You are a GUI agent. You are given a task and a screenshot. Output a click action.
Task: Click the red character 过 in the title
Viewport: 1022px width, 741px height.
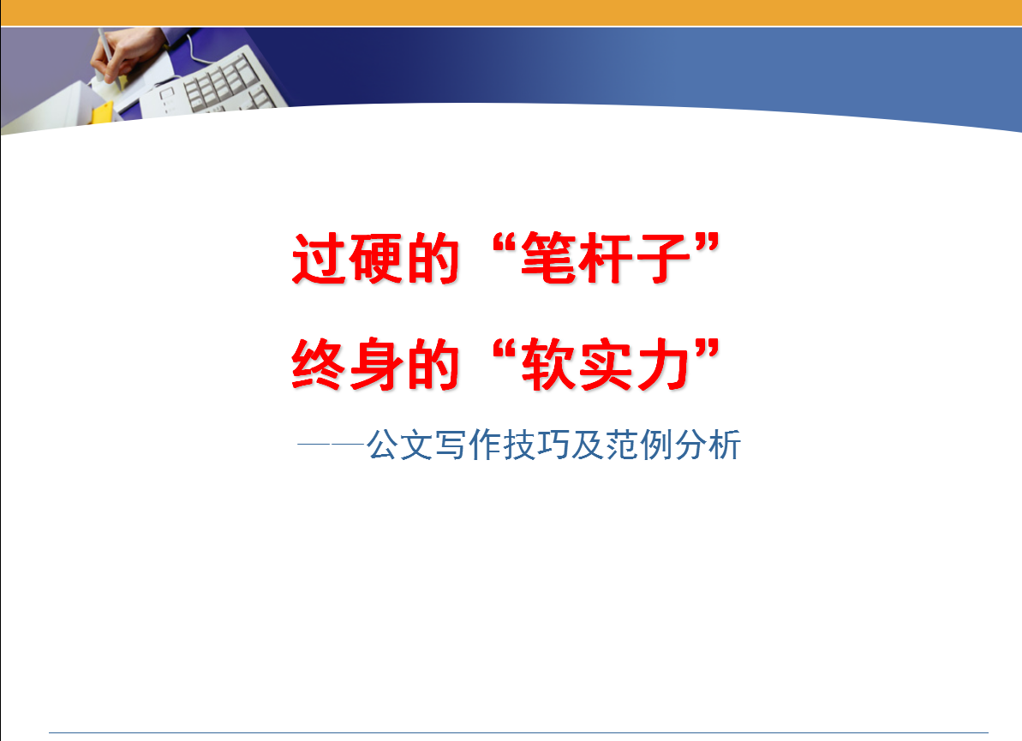(x=319, y=259)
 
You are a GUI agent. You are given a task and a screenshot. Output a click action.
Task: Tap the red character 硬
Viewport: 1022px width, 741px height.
(x=375, y=259)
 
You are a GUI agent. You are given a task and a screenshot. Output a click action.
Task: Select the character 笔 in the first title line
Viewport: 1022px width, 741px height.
(x=547, y=259)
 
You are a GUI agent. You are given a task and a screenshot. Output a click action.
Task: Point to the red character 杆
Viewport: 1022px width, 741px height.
(x=605, y=259)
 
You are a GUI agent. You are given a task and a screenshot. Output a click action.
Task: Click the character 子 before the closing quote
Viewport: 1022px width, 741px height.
(x=662, y=259)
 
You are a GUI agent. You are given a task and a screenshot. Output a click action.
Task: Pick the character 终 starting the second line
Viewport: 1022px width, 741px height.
(x=319, y=364)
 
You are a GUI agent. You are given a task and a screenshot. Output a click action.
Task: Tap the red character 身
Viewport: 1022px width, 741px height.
(x=375, y=364)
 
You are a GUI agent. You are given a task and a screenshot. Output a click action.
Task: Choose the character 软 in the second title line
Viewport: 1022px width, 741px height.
(x=547, y=364)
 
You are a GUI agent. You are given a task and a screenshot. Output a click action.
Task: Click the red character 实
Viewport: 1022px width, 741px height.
(x=605, y=364)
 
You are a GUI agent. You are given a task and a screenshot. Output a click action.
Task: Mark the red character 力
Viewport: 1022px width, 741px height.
(x=662, y=364)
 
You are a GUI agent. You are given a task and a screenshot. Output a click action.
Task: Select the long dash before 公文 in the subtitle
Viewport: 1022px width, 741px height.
(x=331, y=445)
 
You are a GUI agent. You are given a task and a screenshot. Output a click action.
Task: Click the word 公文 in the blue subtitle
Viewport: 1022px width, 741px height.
(x=399, y=445)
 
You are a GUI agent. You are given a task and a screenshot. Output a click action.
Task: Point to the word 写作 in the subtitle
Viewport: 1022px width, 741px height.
(x=468, y=445)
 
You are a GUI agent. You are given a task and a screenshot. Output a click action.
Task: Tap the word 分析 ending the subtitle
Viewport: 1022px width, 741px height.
(x=708, y=445)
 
